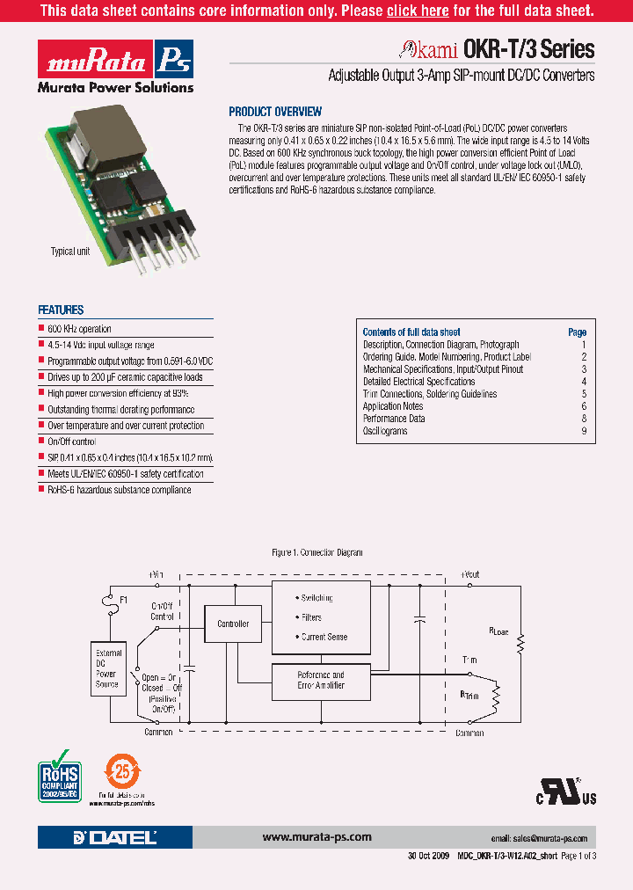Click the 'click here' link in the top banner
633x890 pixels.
click(x=418, y=11)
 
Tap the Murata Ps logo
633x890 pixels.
click(x=115, y=61)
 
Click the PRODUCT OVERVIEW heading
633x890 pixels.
click(x=275, y=112)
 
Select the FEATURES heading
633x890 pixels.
click(x=61, y=310)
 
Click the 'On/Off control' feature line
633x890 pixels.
click(x=71, y=441)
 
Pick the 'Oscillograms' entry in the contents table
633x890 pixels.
click(x=385, y=431)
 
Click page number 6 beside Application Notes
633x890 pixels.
click(x=583, y=406)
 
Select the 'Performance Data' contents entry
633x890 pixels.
click(x=394, y=419)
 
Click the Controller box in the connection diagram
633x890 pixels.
click(x=233, y=624)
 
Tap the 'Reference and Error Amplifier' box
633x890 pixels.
click(x=321, y=680)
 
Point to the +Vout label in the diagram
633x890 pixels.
click(x=469, y=574)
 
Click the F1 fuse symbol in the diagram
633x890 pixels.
click(x=110, y=602)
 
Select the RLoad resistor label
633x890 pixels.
click(x=498, y=631)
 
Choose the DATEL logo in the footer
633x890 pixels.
click(x=115, y=837)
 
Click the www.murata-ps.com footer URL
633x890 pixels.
click(x=317, y=837)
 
